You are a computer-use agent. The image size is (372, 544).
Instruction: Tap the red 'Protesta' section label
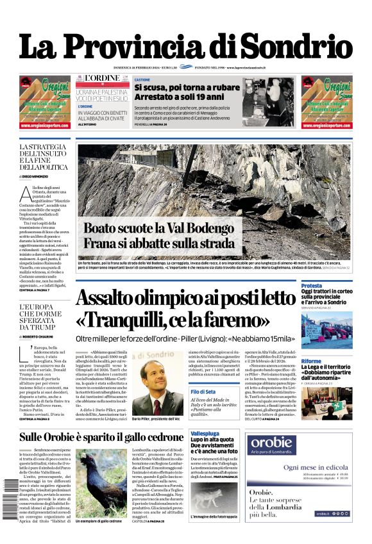tap(312, 285)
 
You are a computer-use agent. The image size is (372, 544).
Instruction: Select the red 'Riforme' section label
tap(311, 361)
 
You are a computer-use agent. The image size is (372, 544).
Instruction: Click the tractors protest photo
tap(326, 332)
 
